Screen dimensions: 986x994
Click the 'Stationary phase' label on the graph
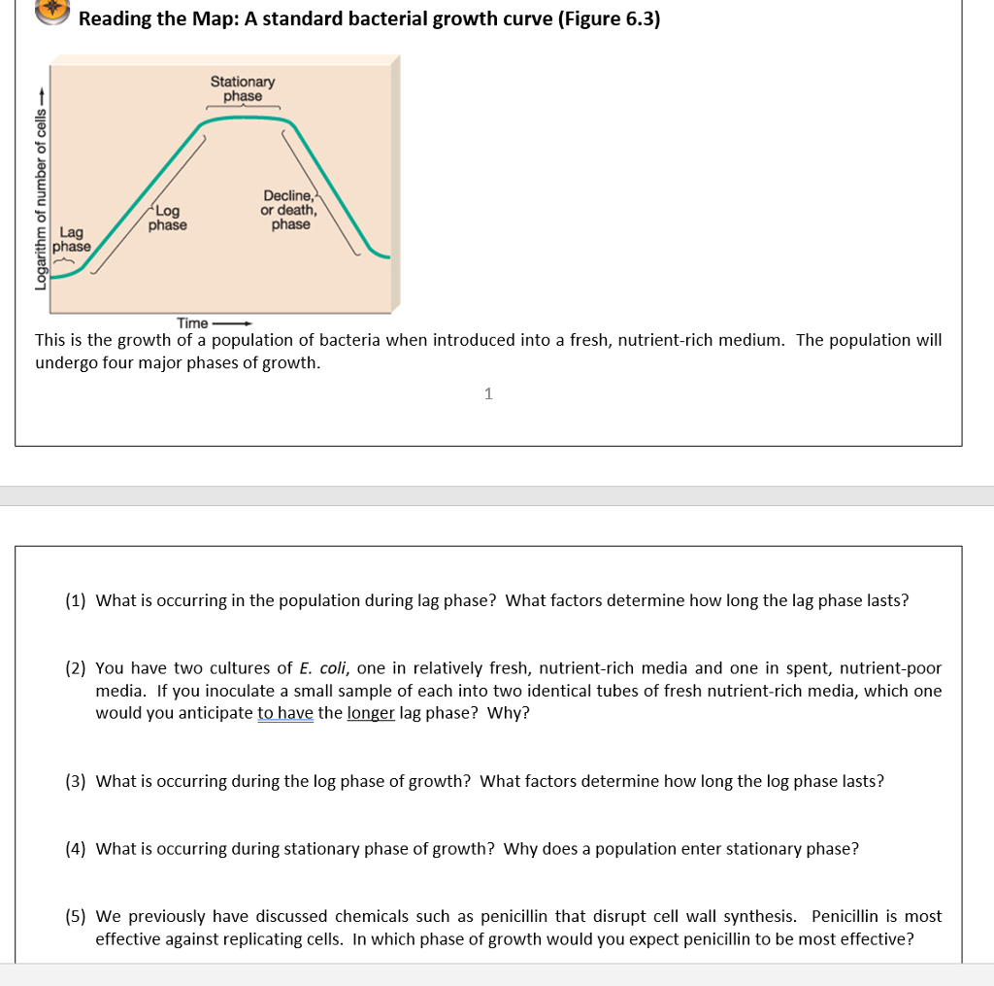[243, 89]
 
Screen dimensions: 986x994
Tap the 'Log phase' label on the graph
[168, 218]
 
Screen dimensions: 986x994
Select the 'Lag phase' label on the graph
[72, 240]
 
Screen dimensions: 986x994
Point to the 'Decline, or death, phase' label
[289, 210]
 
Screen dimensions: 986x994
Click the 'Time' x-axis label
[192, 323]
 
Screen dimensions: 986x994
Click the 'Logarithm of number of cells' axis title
[40, 193]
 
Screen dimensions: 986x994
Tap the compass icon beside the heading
[53, 8]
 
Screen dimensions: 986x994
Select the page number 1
[488, 393]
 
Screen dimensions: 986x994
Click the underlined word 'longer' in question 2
[371, 714]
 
